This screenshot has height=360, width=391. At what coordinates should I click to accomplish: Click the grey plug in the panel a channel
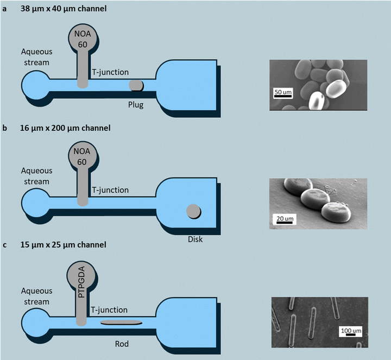136,85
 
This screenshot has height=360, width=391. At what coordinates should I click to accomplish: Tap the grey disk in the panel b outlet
193,211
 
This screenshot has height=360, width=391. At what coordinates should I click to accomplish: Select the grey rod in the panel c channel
121,323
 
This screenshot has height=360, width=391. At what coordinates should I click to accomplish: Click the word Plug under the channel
136,105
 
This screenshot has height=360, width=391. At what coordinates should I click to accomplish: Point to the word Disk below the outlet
195,239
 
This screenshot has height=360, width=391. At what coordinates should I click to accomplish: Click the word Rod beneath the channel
122,344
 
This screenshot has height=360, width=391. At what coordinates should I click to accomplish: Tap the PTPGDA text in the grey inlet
81,282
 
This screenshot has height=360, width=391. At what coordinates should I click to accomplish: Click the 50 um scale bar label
283,92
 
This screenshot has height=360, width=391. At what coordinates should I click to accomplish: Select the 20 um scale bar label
285,219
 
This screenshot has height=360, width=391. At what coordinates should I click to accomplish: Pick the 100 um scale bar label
351,331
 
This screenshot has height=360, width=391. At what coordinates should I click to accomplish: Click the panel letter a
4,9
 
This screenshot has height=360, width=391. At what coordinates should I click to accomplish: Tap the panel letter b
5,128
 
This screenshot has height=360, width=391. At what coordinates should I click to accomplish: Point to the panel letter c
5,245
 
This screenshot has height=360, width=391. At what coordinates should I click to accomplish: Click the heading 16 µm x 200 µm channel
65,128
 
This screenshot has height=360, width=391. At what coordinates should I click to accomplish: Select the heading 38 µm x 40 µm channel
64,9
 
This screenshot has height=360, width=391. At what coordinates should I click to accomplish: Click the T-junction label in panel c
109,310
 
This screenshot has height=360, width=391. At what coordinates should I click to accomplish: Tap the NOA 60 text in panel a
83,39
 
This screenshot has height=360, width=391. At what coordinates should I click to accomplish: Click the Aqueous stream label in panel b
36,176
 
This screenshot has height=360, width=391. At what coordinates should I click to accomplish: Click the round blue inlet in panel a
35,85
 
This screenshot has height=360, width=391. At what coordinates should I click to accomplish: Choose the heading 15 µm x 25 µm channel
64,245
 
